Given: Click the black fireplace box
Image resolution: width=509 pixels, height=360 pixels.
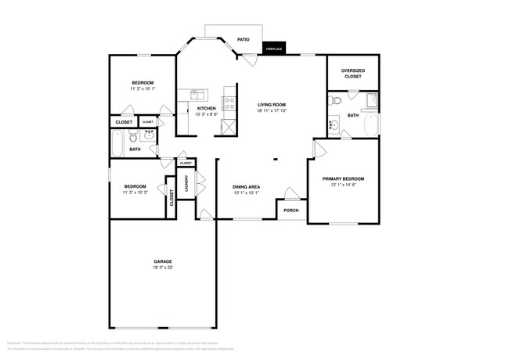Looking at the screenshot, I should pyautogui.click(x=273, y=49).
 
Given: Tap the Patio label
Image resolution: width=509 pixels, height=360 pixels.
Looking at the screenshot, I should pyautogui.click(x=244, y=38).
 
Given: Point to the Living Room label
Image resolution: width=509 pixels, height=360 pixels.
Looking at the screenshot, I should pyautogui.click(x=272, y=104).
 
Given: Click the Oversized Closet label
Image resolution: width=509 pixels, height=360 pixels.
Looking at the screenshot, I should pyautogui.click(x=353, y=74).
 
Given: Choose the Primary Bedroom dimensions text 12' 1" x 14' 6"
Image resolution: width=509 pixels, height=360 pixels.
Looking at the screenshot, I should pyautogui.click(x=343, y=185).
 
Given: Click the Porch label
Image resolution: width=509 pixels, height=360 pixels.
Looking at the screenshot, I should pyautogui.click(x=291, y=211).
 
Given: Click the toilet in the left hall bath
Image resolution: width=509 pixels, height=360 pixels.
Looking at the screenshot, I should pyautogui.click(x=152, y=149).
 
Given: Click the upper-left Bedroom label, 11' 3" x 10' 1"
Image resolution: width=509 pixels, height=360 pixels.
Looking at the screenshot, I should pyautogui.click(x=143, y=86).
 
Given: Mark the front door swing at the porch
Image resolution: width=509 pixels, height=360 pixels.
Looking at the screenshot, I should pyautogui.click(x=291, y=193).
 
